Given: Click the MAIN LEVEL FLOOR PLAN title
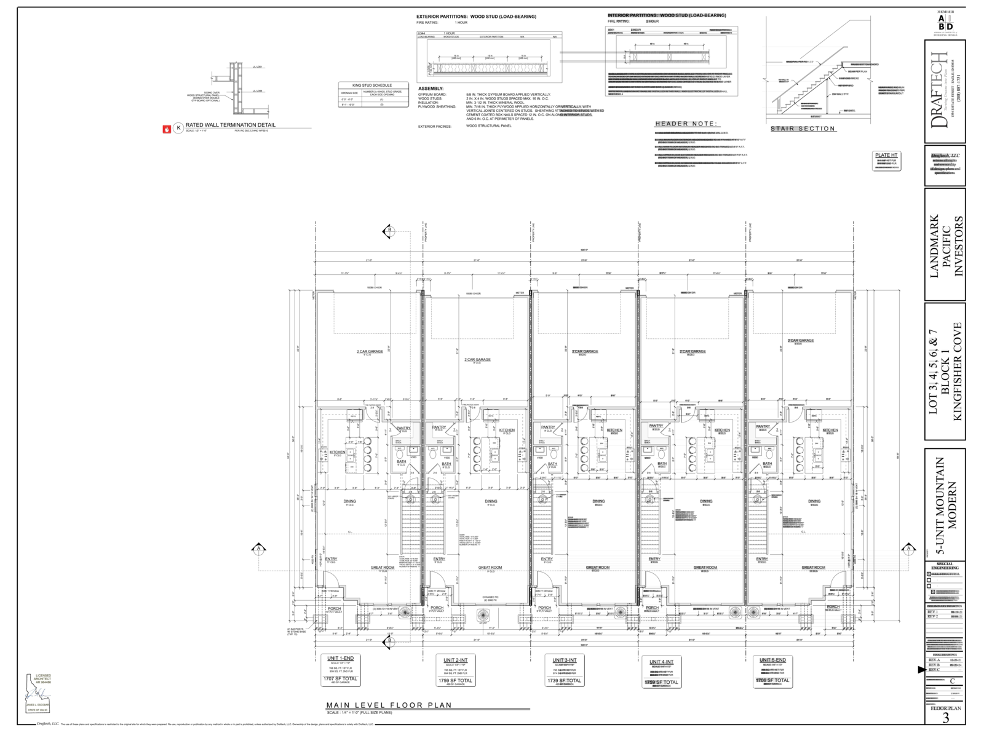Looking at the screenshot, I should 389,705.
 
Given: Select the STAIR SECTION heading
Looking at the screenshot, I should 803,129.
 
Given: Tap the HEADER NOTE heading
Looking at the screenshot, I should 685,124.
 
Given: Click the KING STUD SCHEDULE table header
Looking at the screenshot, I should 371,85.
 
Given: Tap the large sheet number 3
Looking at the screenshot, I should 946,718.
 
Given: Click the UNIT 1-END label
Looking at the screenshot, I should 341,659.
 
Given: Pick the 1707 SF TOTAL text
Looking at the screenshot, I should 340,679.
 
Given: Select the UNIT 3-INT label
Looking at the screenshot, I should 564,660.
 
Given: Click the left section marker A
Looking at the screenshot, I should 259,548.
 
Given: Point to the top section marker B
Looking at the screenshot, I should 389,231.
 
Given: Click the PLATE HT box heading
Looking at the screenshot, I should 886,155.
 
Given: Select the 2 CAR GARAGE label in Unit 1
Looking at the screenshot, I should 370,352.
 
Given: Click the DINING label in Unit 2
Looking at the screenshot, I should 491,501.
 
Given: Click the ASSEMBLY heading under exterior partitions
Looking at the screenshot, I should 430,89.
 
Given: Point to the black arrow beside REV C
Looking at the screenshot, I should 921,670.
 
